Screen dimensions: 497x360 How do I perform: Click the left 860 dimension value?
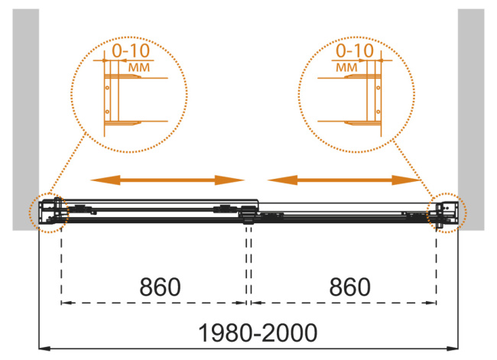pos(160,287)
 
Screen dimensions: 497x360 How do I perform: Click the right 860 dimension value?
pos(350,287)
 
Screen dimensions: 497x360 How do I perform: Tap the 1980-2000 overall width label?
pos(258,332)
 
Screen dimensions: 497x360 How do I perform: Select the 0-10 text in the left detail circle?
pos(132,50)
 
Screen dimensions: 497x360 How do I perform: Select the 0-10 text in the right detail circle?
pos(355,50)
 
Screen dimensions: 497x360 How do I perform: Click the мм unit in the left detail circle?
pos(139,67)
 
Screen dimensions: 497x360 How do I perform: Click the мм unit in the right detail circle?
pos(346,67)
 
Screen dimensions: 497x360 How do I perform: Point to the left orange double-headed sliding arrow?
pos(167,180)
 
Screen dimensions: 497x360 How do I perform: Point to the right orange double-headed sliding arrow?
pos(344,180)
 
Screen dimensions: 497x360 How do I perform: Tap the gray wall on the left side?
pos(26,119)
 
